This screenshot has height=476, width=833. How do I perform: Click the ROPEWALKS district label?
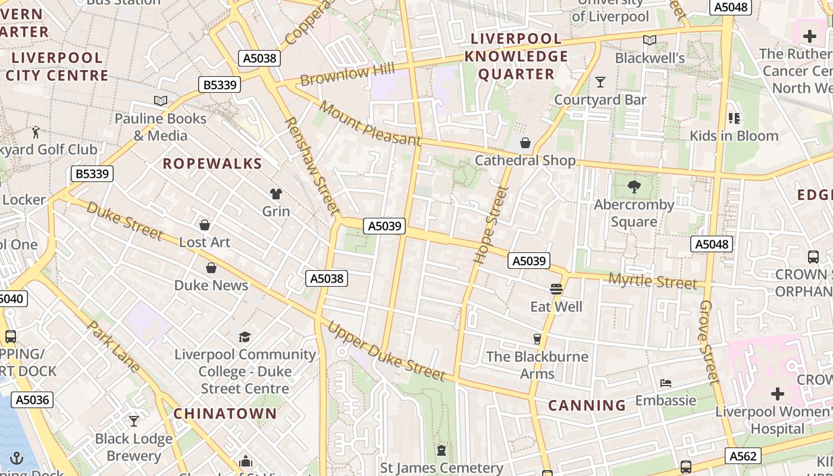pyautogui.click(x=212, y=164)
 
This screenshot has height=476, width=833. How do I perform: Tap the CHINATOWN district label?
pyautogui.click(x=225, y=414)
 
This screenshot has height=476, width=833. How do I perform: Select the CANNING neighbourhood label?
pyautogui.click(x=587, y=406)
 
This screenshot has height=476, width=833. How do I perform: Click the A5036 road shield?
pyautogui.click(x=33, y=400)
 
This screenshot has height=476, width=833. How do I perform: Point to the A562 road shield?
pyautogui.click(x=743, y=456)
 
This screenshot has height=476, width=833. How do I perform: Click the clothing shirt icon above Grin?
pyautogui.click(x=276, y=194)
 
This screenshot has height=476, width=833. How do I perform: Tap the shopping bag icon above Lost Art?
pyautogui.click(x=205, y=225)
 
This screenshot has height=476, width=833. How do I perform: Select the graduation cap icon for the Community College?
pyautogui.click(x=245, y=337)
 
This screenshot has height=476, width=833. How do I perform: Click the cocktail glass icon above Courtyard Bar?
pyautogui.click(x=600, y=82)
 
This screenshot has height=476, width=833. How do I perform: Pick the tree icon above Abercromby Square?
pyautogui.click(x=634, y=187)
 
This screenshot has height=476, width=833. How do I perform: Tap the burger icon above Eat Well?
pyautogui.click(x=556, y=289)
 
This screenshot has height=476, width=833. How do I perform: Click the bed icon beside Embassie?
pyautogui.click(x=666, y=383)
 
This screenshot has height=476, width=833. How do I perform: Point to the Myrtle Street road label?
pyautogui.click(x=652, y=281)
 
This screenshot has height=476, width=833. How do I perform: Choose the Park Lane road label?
pyautogui.click(x=113, y=346)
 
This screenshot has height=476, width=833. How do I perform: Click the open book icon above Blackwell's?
pyautogui.click(x=650, y=40)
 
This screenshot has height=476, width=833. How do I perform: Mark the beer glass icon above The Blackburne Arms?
pyautogui.click(x=537, y=339)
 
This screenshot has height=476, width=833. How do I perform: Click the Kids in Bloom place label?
pyautogui.click(x=734, y=136)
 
